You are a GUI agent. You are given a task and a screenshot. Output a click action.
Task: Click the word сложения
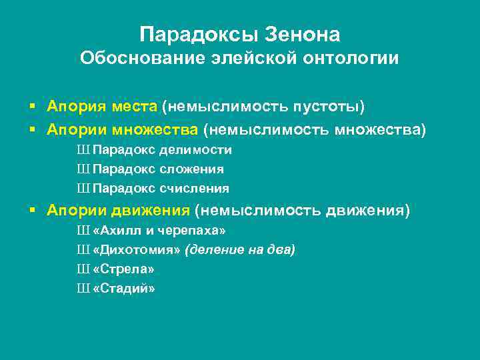195,169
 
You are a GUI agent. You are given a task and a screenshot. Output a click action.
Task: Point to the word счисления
198,188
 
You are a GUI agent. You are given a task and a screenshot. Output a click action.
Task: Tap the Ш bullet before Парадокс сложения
83,169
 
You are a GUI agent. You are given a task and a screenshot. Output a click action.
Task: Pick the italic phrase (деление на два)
241,250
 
